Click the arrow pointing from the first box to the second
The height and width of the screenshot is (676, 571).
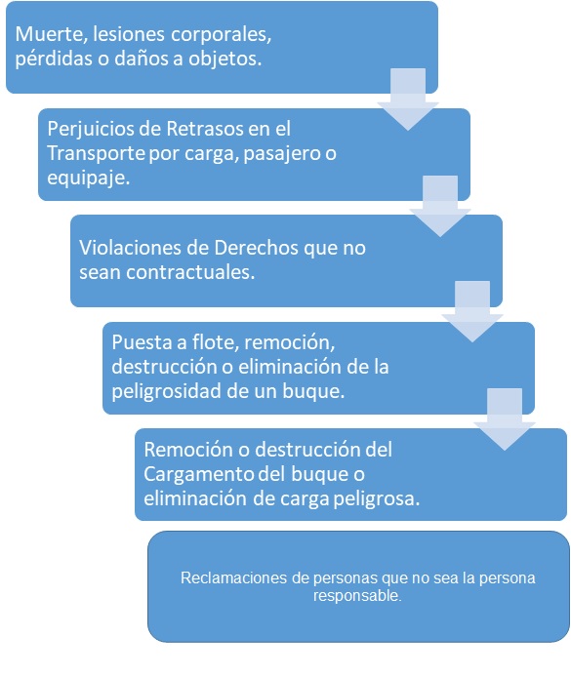pyautogui.click(x=408, y=99)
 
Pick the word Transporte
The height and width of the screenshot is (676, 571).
pyautogui.click(x=96, y=153)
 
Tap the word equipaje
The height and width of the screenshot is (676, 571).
pyautogui.click(x=89, y=179)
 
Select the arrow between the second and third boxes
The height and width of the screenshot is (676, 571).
pyautogui.click(x=440, y=206)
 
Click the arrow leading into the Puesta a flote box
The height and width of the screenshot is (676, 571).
pyautogui.click(x=472, y=312)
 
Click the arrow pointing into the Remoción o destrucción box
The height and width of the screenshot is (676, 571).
pyautogui.click(x=505, y=419)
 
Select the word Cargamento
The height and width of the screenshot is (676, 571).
pyautogui.click(x=199, y=475)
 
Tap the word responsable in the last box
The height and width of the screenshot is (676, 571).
pyautogui.click(x=357, y=596)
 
